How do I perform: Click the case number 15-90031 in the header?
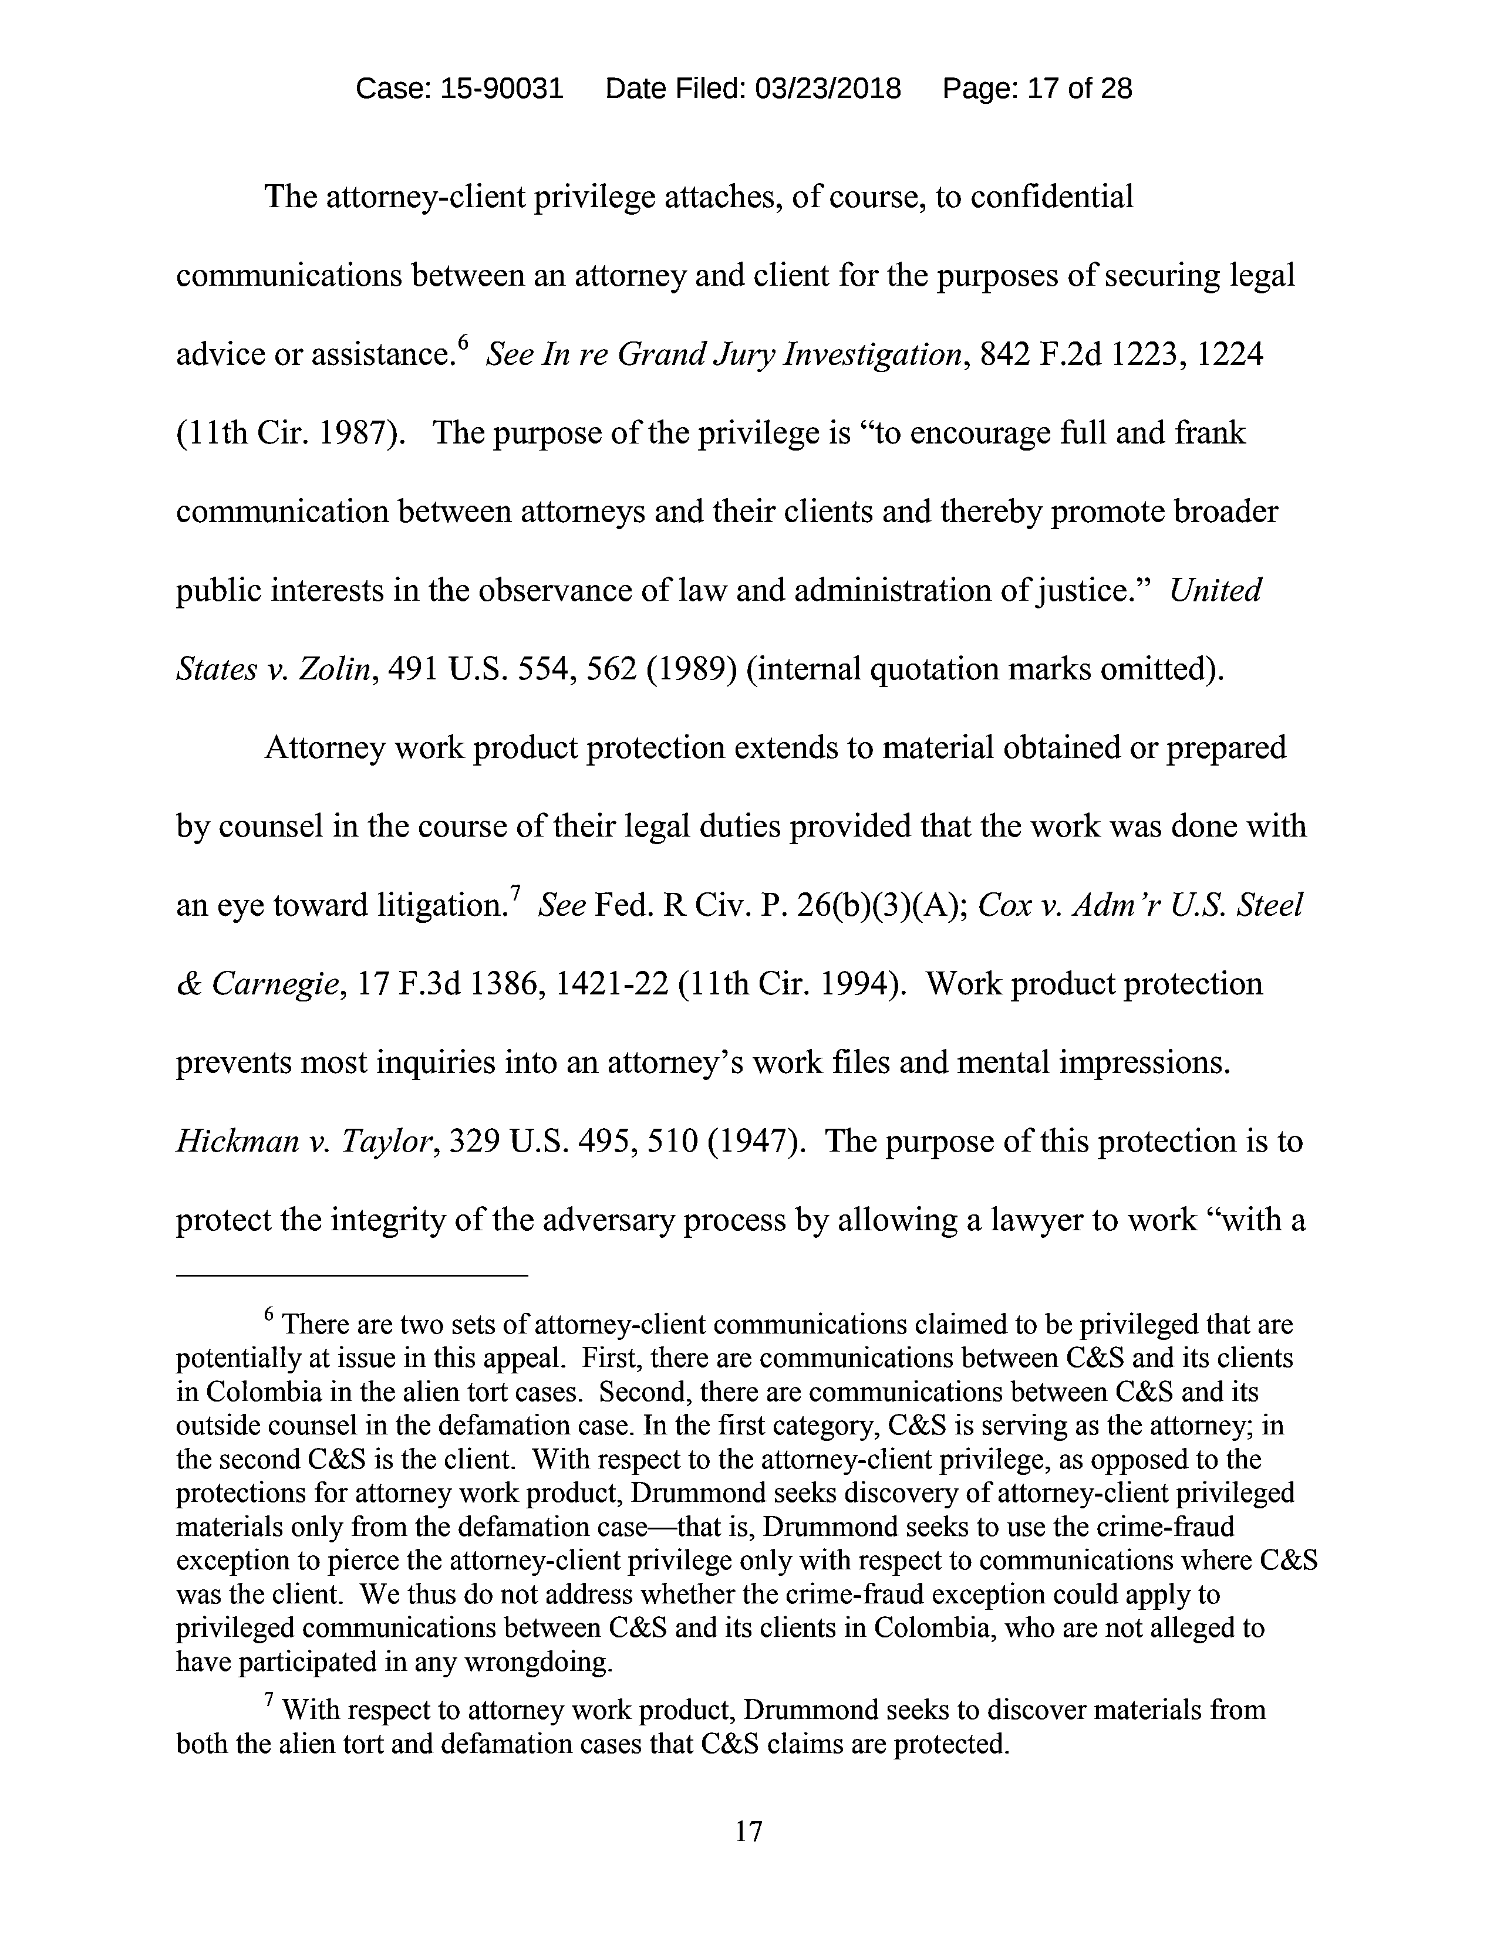tap(501, 89)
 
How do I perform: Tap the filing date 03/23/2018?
tap(827, 89)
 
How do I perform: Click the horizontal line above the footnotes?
tap(352, 1275)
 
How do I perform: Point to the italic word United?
tap(1215, 590)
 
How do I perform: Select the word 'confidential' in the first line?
tap(1052, 197)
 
